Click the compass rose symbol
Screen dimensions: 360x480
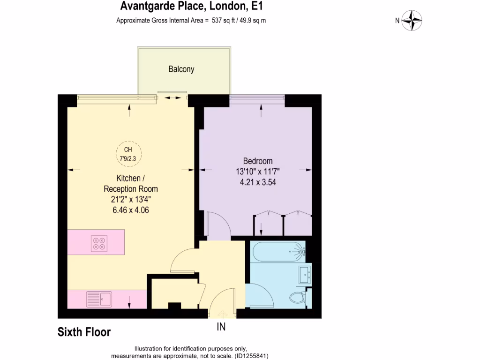[x=412, y=21]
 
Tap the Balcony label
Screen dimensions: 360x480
[x=181, y=69]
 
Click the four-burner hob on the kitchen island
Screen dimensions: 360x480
[x=99, y=242]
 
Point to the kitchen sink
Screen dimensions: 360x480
[x=98, y=299]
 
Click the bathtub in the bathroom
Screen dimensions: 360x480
[x=277, y=252]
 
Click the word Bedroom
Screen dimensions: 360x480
[x=257, y=161]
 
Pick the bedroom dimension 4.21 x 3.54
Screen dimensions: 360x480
[x=257, y=182]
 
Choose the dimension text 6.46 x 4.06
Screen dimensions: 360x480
[x=130, y=210]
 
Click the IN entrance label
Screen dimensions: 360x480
[x=221, y=327]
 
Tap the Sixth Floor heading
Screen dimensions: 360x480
[x=84, y=332]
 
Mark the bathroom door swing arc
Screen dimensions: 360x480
[x=261, y=295]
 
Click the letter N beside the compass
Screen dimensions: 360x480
[x=397, y=20]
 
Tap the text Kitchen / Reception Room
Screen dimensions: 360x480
[x=130, y=184]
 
